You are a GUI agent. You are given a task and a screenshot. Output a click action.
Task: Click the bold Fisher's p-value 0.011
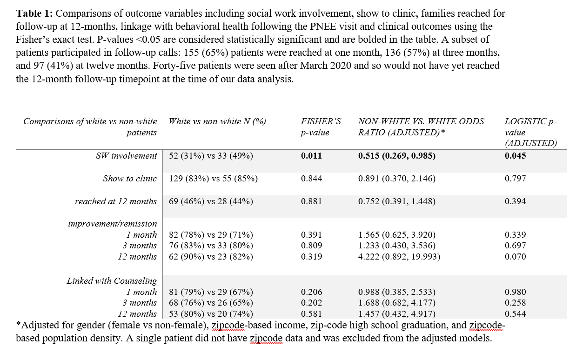click(311, 156)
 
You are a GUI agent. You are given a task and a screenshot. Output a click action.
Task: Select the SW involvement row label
click(126, 156)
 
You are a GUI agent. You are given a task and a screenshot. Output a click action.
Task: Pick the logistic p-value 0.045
click(515, 156)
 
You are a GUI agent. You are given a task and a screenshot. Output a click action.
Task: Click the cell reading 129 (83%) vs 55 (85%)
click(211, 179)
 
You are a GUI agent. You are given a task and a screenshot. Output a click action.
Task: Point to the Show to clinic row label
click(130, 179)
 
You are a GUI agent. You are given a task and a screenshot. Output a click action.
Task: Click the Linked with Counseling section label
click(112, 281)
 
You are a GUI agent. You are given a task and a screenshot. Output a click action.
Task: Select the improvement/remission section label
click(113, 224)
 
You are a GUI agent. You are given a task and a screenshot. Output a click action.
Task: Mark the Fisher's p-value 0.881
click(311, 201)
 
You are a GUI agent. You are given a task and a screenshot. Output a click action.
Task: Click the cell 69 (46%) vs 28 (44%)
click(211, 201)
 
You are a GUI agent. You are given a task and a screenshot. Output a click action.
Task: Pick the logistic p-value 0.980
click(515, 292)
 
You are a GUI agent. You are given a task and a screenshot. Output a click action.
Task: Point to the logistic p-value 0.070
click(515, 257)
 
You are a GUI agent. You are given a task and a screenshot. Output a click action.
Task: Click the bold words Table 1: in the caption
click(33, 13)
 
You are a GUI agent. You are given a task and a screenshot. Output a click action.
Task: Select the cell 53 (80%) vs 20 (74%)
click(211, 314)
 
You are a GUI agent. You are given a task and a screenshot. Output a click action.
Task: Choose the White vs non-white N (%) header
click(217, 121)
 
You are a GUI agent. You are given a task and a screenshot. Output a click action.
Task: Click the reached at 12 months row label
click(116, 201)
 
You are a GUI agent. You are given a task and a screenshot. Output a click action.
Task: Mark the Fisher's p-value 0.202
click(311, 303)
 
